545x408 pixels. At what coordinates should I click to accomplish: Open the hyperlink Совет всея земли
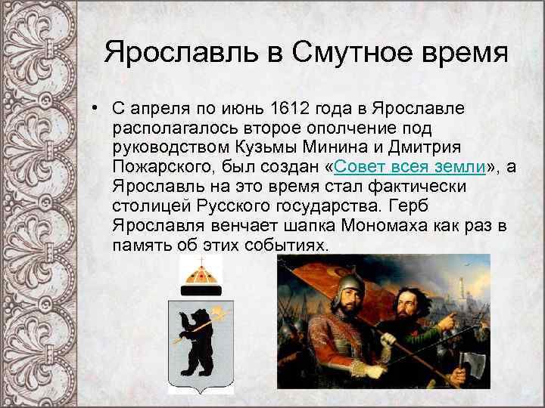coord(404,167)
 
